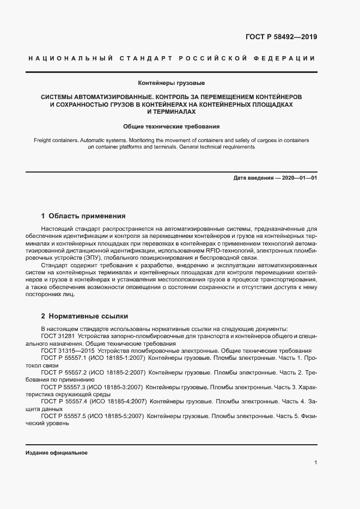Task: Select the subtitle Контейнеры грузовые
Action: [x=179, y=83]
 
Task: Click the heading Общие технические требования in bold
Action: [x=179, y=126]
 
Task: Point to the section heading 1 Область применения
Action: [x=83, y=216]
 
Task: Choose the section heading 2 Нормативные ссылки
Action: [x=84, y=316]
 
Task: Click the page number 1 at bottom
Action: [x=316, y=463]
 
